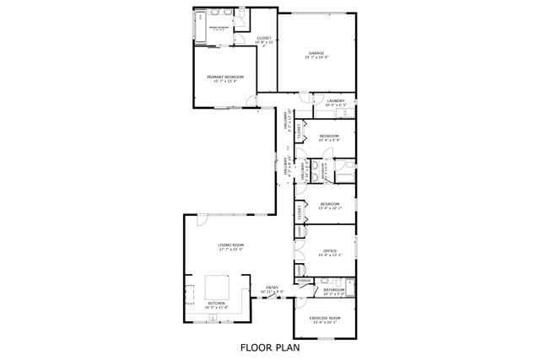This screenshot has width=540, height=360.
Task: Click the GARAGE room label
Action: pyautogui.click(x=316, y=53)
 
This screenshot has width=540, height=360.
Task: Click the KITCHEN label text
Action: pyautogui.click(x=217, y=304)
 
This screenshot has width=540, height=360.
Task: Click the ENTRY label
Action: pyautogui.click(x=272, y=288)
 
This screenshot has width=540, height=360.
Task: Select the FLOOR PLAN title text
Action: pyautogui.click(x=270, y=346)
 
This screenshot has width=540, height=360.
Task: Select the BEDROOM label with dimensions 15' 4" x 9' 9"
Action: pyautogui.click(x=329, y=136)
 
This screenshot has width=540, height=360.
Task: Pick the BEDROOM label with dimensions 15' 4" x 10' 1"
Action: pyautogui.click(x=329, y=203)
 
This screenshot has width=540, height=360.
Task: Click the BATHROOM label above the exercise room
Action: pyautogui.click(x=334, y=292)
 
